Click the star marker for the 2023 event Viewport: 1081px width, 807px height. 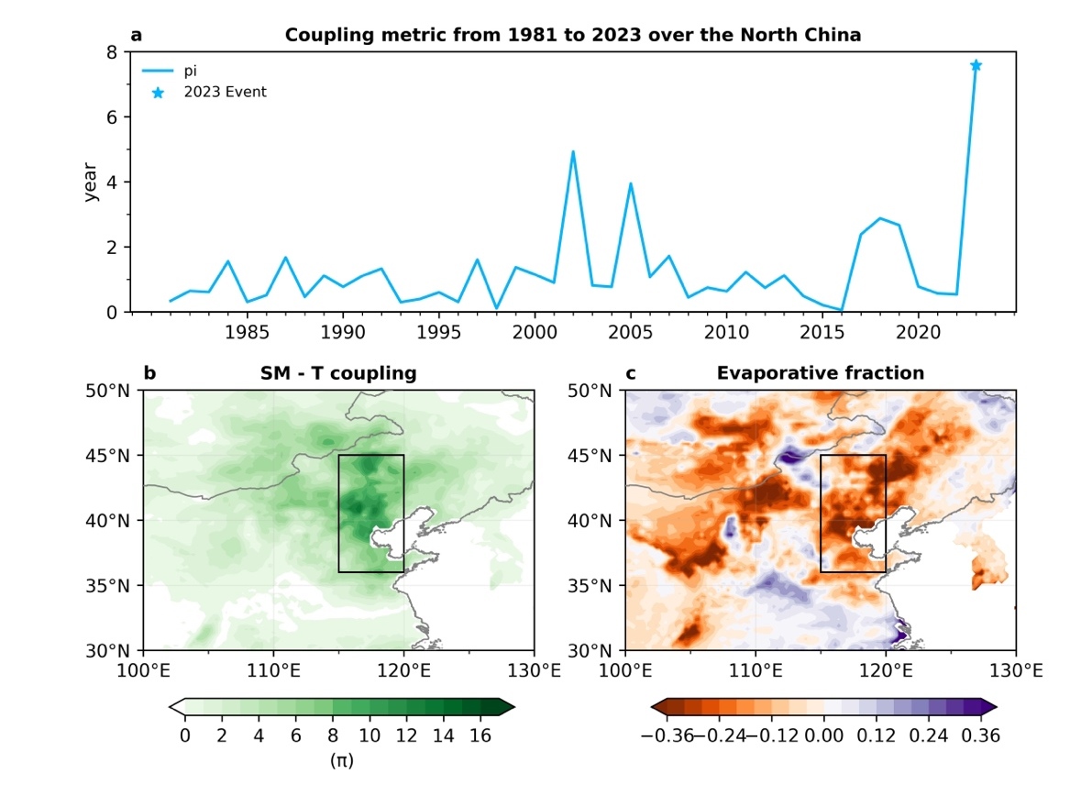click(976, 65)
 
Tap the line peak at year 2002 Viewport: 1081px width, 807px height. click(573, 152)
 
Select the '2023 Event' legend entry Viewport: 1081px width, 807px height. click(226, 92)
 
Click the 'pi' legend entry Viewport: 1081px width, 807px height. click(191, 71)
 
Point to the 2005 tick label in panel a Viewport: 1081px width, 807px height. click(631, 329)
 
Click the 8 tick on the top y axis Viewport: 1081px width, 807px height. click(112, 52)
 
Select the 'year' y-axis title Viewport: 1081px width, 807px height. click(91, 182)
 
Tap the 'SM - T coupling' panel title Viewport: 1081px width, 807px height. click(338, 373)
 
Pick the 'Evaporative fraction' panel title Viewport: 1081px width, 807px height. click(820, 373)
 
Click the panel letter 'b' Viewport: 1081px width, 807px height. click(149, 373)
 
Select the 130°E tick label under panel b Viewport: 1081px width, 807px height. click(535, 670)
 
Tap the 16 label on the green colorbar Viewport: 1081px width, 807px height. click(480, 735)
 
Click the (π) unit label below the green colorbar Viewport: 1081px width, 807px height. click(341, 760)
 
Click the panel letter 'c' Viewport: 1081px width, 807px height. click(630, 373)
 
